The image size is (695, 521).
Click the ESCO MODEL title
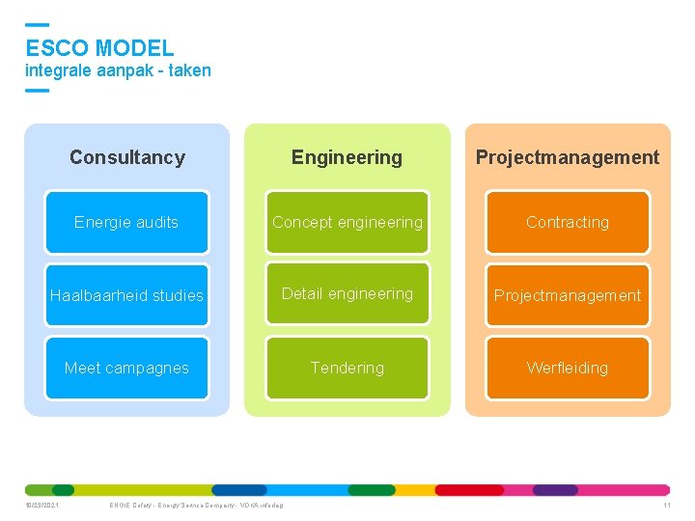[x=99, y=47]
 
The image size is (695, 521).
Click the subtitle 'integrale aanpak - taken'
[x=118, y=70]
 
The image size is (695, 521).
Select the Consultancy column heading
[x=126, y=157]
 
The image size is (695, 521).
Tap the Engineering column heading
[x=347, y=157]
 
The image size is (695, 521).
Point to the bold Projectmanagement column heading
[x=568, y=157]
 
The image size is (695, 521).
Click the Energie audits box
[x=126, y=222]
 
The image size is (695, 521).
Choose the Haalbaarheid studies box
[x=126, y=295]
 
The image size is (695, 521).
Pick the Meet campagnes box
[x=126, y=368]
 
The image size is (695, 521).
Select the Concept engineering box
[x=347, y=222]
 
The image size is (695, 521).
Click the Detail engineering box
[x=347, y=294]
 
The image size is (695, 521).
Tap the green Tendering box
[x=347, y=368]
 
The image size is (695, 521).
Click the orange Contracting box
[x=568, y=222]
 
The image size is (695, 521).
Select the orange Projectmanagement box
[x=568, y=295]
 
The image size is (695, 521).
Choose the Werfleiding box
[x=568, y=368]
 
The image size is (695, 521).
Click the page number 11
[x=666, y=506]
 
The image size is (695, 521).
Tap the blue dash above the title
[x=37, y=24]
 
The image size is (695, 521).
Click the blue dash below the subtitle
[x=37, y=90]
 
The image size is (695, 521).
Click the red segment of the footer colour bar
[x=469, y=490]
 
